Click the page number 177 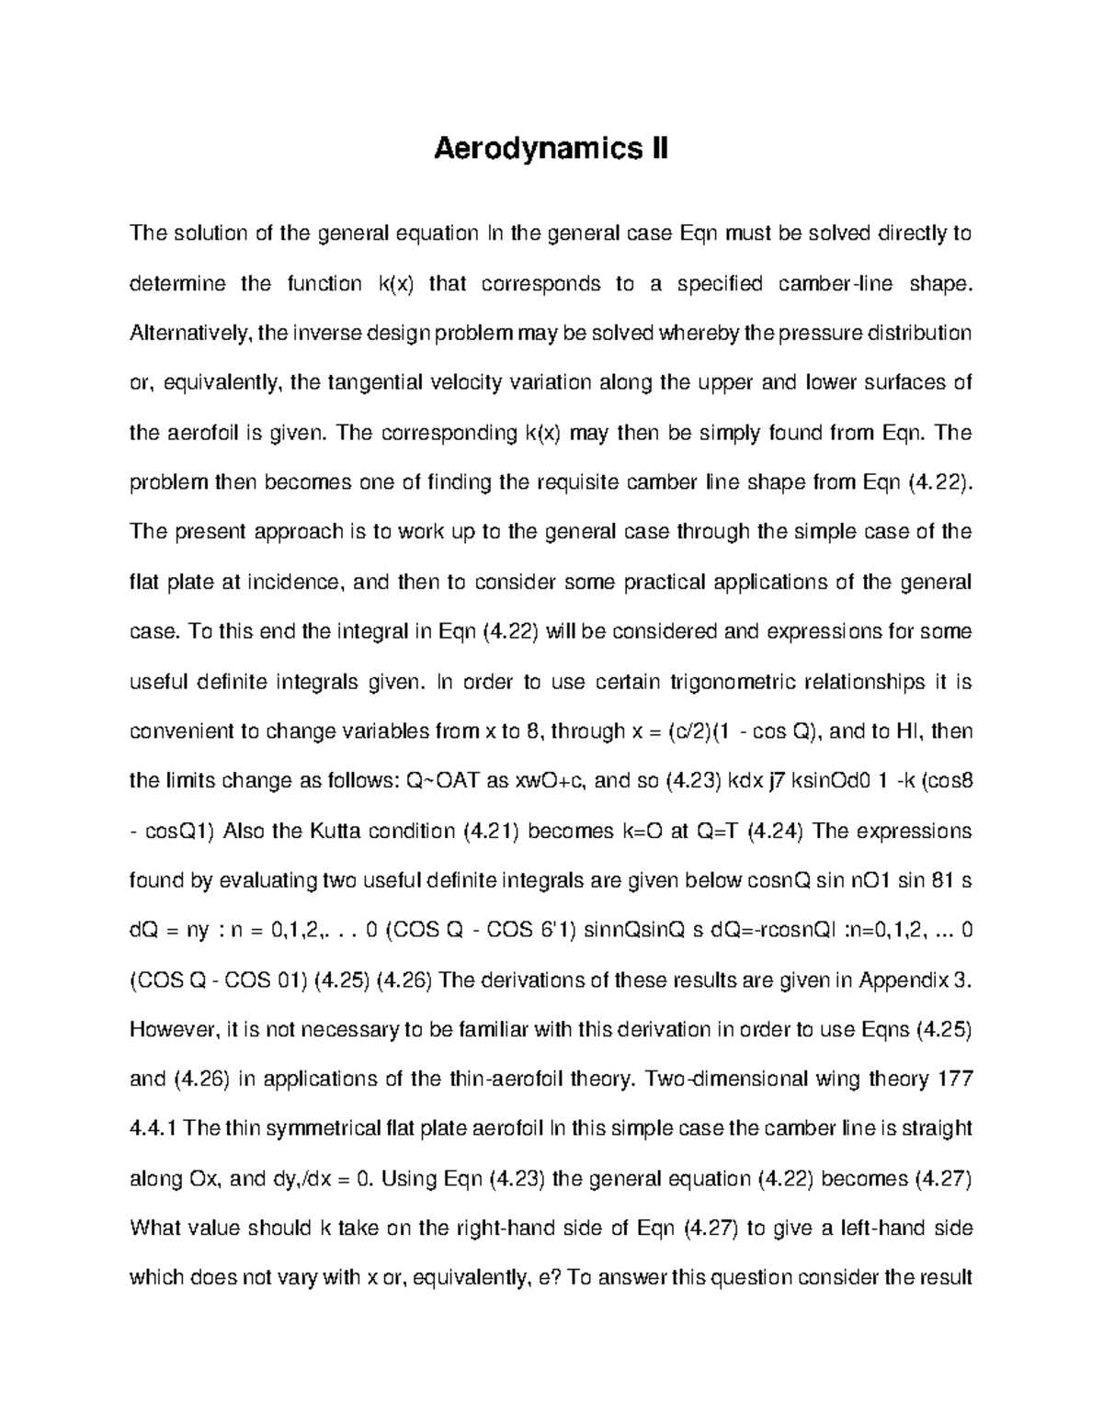[954, 1080]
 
